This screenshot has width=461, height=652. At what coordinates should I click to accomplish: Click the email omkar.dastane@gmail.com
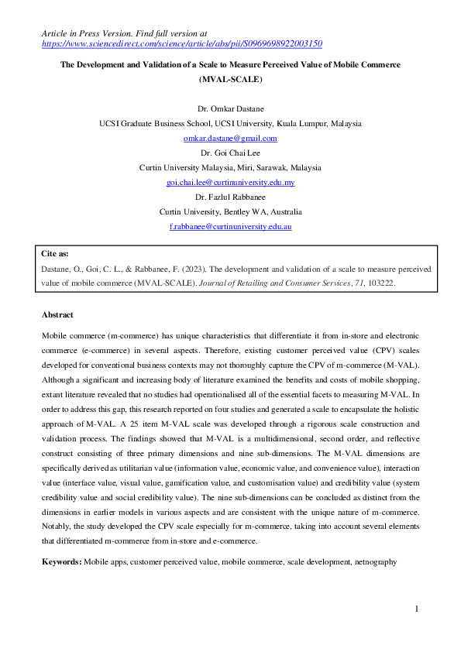click(x=230, y=138)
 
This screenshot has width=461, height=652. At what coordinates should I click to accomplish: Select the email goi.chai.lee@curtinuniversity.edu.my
click(x=230, y=182)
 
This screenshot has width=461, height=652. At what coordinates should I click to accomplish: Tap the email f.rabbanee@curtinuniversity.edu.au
click(x=230, y=226)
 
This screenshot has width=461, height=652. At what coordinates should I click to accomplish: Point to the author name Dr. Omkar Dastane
click(x=230, y=108)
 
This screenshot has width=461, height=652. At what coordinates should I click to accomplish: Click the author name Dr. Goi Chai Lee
click(x=230, y=153)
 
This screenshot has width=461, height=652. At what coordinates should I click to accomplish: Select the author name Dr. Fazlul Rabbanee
click(x=230, y=197)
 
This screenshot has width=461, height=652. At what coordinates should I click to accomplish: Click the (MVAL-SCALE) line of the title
click(x=230, y=79)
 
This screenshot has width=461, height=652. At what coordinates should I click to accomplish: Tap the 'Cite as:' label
click(x=56, y=253)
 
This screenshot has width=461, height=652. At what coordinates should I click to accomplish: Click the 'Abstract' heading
click(x=59, y=315)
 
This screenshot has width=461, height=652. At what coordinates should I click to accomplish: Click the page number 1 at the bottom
click(x=416, y=609)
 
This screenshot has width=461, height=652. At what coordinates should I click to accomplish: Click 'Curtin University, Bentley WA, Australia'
click(x=230, y=211)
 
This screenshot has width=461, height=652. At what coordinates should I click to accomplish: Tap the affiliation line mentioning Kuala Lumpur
click(x=230, y=123)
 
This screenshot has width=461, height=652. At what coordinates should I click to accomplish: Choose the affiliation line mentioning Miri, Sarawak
click(x=230, y=167)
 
